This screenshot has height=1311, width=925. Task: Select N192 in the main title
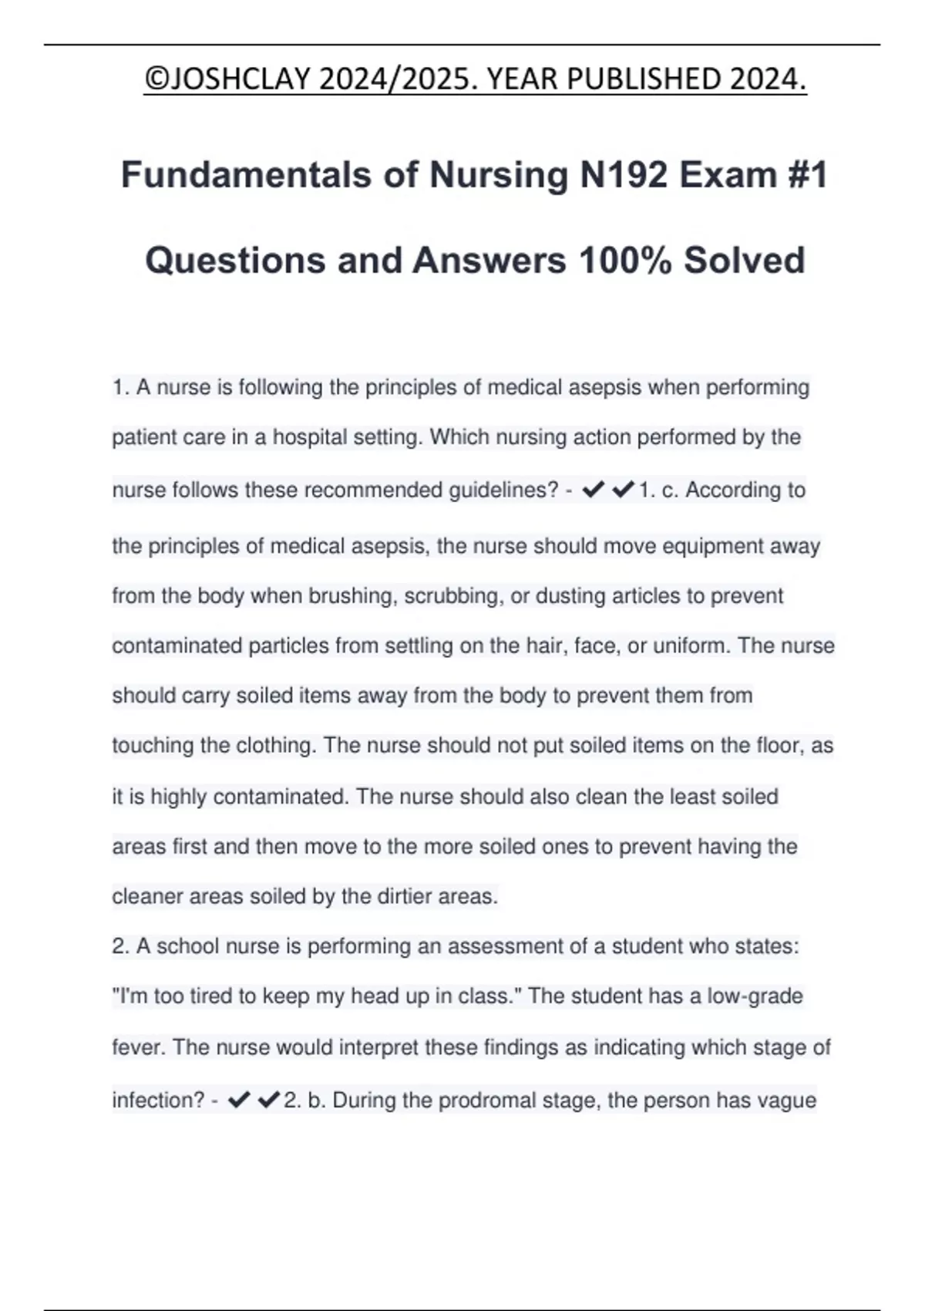[624, 175]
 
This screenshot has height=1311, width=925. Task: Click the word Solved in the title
[744, 261]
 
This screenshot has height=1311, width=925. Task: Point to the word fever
[138, 1047]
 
